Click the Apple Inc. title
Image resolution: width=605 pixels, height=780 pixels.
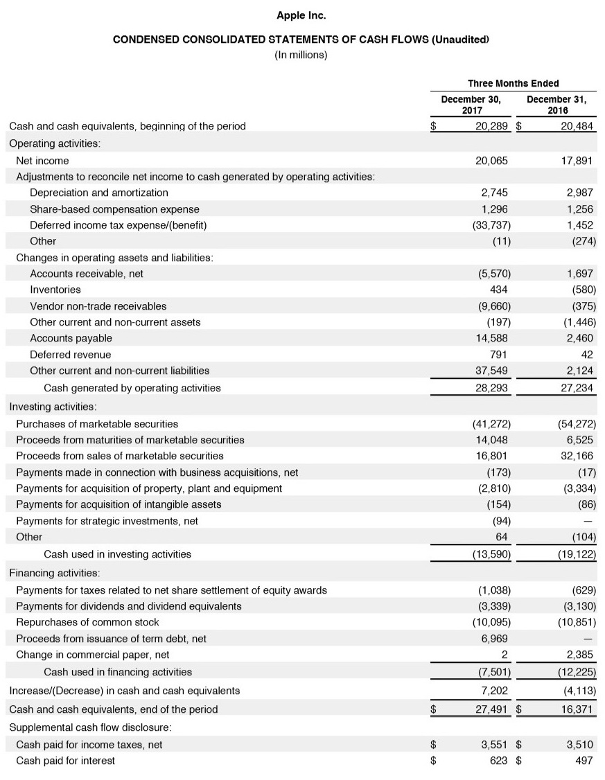(301, 15)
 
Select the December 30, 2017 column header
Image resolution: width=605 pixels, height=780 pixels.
(471, 105)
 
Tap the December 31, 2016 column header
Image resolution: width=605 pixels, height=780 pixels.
(556, 105)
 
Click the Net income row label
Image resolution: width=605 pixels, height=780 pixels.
(42, 161)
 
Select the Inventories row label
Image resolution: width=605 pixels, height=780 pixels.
(55, 290)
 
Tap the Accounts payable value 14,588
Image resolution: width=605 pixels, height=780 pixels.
(491, 338)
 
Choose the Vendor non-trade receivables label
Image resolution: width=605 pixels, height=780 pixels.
(98, 305)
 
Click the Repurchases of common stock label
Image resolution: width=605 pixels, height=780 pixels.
(87, 622)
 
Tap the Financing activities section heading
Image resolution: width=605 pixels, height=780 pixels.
(54, 573)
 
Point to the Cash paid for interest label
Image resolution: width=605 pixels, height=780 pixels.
(65, 761)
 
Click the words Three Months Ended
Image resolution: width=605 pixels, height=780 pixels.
(514, 83)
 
